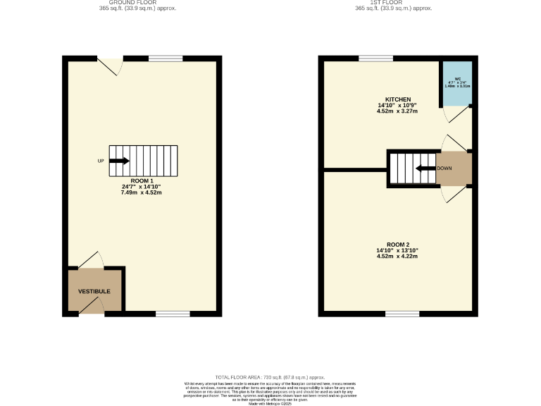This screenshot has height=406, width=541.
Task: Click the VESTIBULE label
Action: pyautogui.click(x=94, y=291)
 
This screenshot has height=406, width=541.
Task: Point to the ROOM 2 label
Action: pyautogui.click(x=397, y=245)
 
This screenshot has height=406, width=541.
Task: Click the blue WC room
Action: pyautogui.click(x=457, y=84)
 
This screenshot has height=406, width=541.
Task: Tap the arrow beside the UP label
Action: pyautogui.click(x=119, y=161)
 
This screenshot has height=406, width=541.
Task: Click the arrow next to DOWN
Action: pyautogui.click(x=425, y=168)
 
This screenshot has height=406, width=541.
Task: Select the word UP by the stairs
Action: pyautogui.click(x=101, y=161)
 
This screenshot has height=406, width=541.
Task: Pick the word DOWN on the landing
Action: pyautogui.click(x=444, y=168)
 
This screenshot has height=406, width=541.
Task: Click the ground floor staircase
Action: pyautogui.click(x=144, y=161)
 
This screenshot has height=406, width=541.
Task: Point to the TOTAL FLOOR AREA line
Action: pyautogui.click(x=270, y=378)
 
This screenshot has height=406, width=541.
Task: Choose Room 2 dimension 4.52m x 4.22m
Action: pyautogui.click(x=397, y=257)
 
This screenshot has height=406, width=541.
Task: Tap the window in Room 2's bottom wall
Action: pyautogui.click(x=402, y=313)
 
